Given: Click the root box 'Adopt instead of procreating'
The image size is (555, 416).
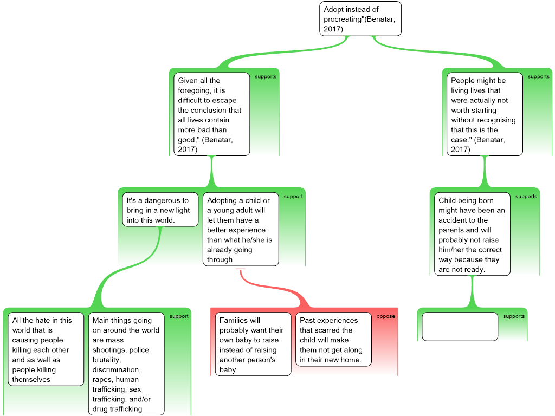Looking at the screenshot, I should [360, 19].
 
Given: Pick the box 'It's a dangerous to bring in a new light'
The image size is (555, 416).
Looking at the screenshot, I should [160, 210].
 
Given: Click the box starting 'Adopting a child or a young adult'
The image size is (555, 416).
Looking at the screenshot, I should [241, 230].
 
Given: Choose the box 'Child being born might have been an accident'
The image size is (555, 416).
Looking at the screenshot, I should [472, 234].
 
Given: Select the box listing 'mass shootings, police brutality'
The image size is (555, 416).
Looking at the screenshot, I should [127, 364].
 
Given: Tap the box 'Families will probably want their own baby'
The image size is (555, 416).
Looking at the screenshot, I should [253, 344].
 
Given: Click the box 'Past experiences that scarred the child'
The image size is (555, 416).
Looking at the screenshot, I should [333, 340].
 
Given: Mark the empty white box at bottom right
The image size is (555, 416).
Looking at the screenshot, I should [460, 327].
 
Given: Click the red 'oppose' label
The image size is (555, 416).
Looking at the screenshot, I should [386, 316].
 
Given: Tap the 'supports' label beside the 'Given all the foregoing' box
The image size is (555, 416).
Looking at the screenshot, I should [266, 76].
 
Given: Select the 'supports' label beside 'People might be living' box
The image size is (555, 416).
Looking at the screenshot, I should [538, 76].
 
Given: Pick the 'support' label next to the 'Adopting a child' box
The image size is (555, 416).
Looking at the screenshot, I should [293, 197].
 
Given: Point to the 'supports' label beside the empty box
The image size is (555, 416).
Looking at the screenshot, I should [514, 316].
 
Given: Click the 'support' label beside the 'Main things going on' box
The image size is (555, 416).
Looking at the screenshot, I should [179, 316].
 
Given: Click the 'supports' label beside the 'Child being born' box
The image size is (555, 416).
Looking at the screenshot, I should [526, 197].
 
